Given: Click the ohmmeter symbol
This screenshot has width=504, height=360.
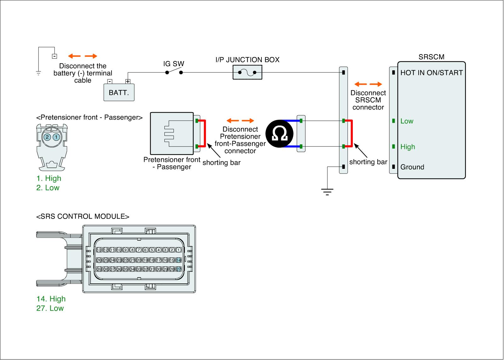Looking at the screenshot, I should [279, 134].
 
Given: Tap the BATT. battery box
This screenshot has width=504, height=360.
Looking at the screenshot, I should [119, 92].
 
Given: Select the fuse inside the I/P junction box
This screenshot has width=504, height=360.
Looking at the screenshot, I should [247, 73].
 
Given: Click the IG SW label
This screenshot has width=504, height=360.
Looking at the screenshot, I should [174, 64].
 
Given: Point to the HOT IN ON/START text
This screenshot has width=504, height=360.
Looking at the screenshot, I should [431, 73].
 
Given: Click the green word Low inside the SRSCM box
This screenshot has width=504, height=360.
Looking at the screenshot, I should [407, 121].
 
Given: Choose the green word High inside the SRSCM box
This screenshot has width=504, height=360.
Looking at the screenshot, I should [408, 147].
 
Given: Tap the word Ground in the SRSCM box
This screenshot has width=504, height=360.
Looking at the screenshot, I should [412, 167].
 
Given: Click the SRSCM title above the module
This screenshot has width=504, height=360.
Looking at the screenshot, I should [431, 57].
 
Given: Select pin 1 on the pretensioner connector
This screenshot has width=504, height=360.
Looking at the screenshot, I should [56, 137].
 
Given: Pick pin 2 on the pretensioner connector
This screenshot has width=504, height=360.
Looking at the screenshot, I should [47, 137].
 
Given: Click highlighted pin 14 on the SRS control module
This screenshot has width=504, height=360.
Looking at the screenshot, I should [179, 260].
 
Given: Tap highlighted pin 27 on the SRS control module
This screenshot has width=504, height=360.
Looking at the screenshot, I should [179, 269].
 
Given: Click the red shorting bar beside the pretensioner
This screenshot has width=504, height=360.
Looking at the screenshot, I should [204, 134].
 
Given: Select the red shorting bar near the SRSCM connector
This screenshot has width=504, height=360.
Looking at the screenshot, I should [351, 134].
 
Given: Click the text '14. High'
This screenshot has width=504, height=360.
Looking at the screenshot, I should [51, 299].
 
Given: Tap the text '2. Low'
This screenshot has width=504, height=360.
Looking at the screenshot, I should [48, 188].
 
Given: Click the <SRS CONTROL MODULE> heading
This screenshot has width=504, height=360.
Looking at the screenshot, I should [83, 216].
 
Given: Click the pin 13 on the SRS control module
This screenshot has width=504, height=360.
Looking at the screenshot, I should [99, 250].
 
